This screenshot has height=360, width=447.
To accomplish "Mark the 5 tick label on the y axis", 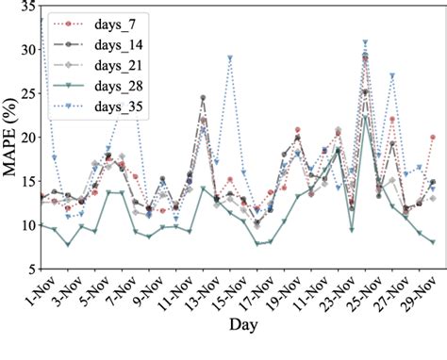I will point(29,269).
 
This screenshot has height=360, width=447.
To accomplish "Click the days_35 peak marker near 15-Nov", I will point(229,58).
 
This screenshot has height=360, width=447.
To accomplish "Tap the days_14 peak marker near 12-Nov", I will point(203,98).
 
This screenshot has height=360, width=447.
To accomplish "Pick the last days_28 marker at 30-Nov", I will point(432,242).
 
